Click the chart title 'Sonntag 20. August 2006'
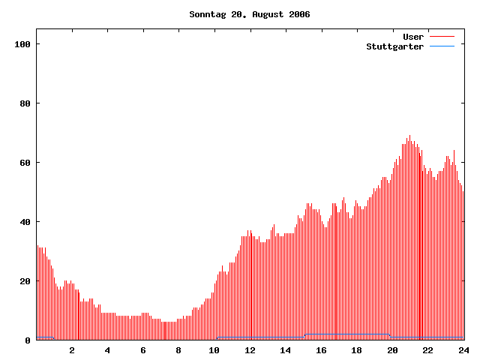point(249,14)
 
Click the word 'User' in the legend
point(413,37)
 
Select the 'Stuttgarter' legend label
point(394,46)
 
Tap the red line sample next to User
point(442,37)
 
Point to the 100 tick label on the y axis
point(22,44)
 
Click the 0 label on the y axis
point(28,340)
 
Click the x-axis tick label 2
point(72,350)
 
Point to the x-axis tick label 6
point(143,350)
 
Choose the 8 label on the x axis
point(178,350)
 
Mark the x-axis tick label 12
point(250,350)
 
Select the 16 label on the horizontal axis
point(321,350)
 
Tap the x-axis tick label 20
point(392,350)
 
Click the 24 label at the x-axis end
point(463,350)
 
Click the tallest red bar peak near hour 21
point(409,136)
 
